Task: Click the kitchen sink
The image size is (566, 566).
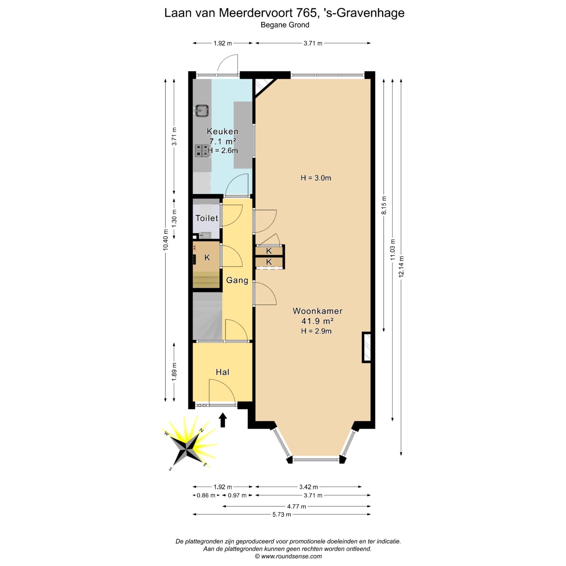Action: click(x=202, y=111)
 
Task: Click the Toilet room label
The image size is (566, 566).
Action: click(x=207, y=218)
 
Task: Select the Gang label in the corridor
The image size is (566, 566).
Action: click(x=237, y=280)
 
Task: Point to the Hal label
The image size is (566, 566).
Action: click(x=223, y=372)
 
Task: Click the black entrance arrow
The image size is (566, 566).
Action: click(x=223, y=420)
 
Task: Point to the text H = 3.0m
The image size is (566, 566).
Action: click(x=316, y=178)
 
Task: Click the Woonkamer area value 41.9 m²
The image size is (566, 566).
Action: click(x=317, y=321)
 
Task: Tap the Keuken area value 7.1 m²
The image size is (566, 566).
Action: click(x=223, y=141)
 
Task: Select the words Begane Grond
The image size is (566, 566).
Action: click(x=285, y=25)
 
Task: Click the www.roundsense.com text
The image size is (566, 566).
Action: click(x=291, y=556)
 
